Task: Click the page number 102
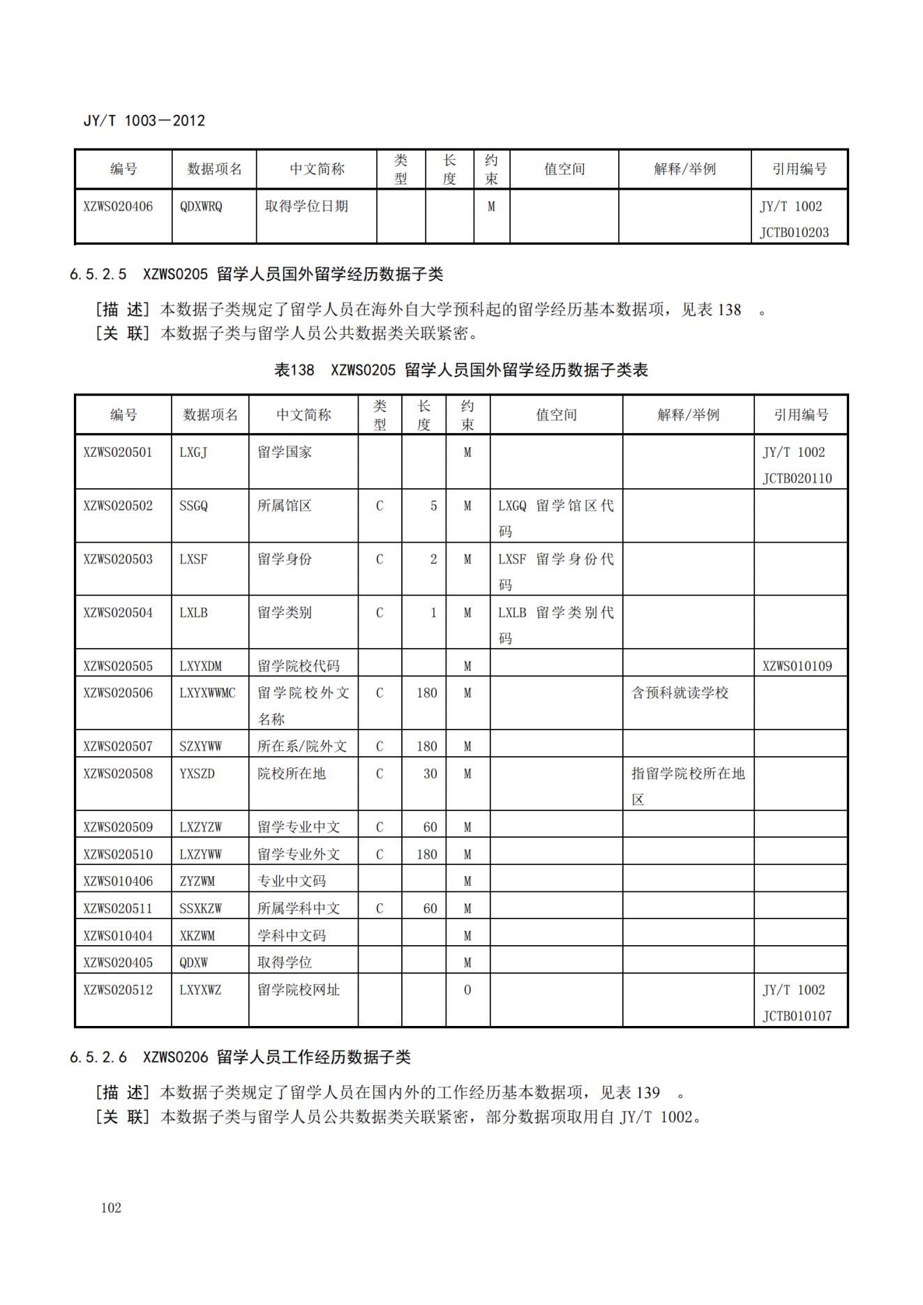(x=111, y=1207)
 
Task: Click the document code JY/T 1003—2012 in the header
(x=144, y=121)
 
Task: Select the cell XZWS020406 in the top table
(x=118, y=206)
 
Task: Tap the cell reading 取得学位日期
(x=306, y=206)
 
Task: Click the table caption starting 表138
(x=461, y=370)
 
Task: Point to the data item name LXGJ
(x=193, y=452)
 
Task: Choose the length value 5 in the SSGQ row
(x=433, y=506)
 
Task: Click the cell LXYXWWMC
(x=207, y=693)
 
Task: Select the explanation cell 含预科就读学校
(x=680, y=693)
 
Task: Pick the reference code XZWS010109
(x=797, y=666)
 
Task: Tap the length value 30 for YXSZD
(x=430, y=774)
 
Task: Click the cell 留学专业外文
(x=299, y=854)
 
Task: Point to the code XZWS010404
(x=118, y=935)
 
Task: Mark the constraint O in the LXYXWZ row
(x=467, y=990)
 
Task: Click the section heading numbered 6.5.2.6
(x=240, y=1057)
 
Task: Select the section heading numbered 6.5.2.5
(x=256, y=274)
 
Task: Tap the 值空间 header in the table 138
(x=556, y=415)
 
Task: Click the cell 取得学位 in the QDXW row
(x=285, y=963)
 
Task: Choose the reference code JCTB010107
(x=797, y=1016)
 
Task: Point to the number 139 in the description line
(x=648, y=1092)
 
